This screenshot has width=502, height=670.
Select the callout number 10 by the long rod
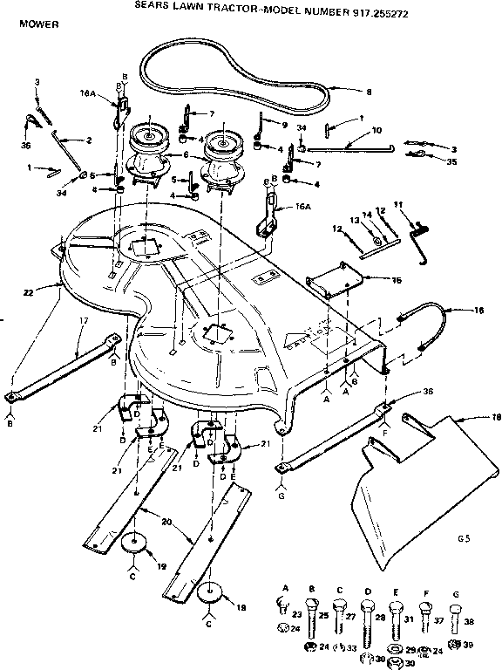click(x=376, y=130)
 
